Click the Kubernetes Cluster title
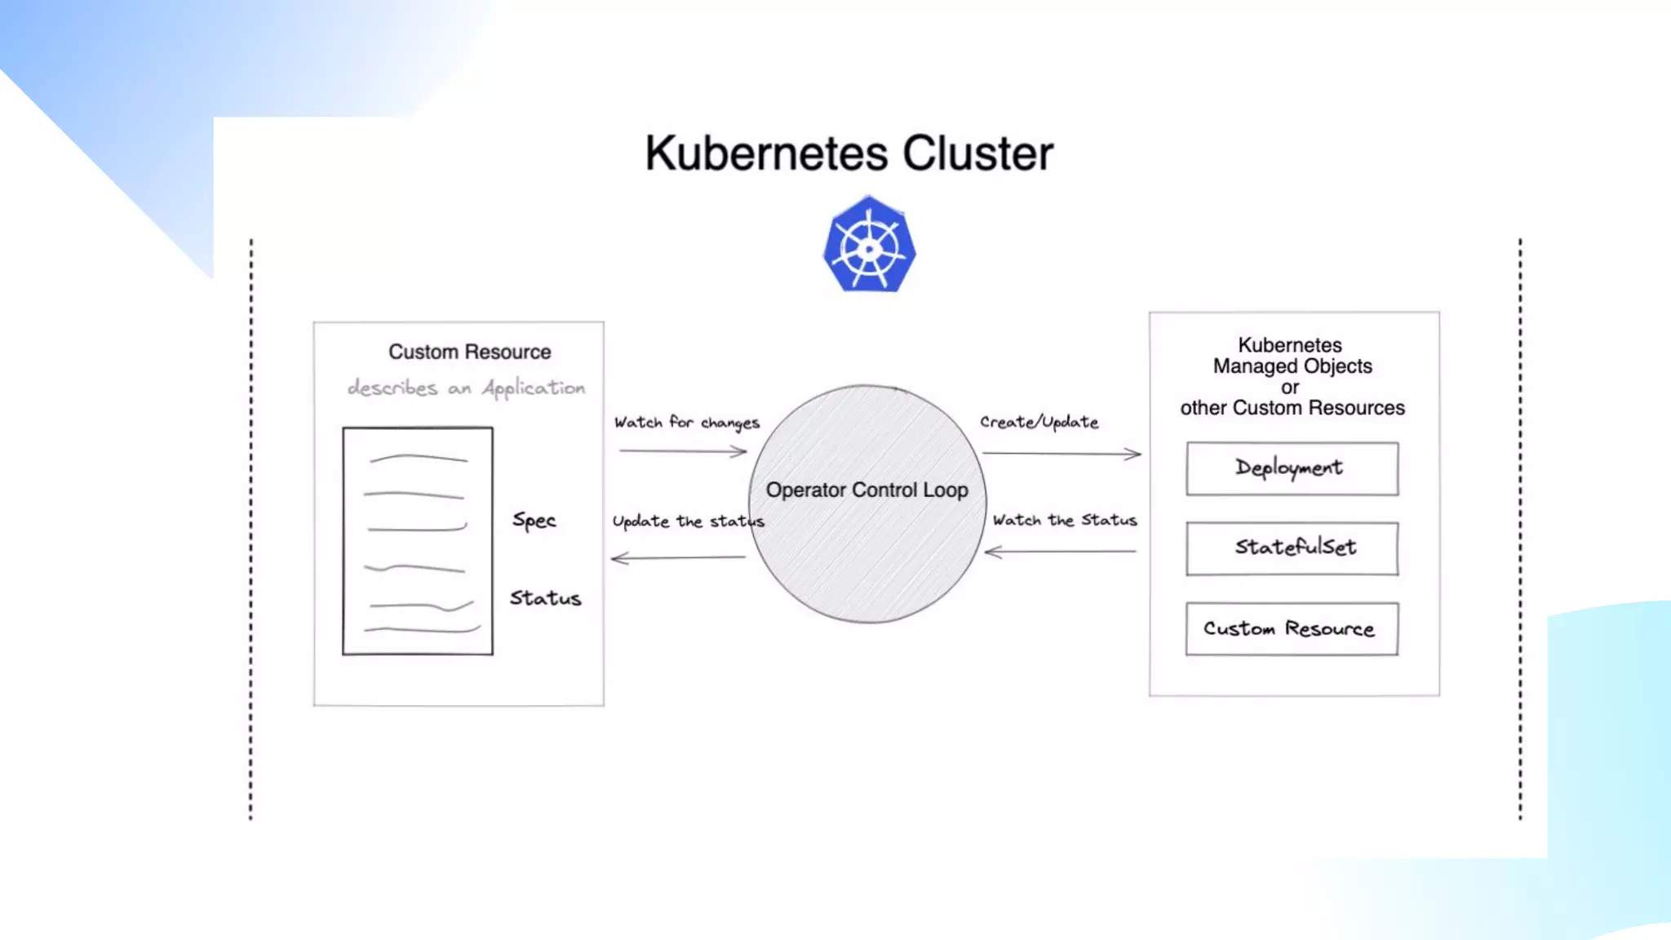point(849,153)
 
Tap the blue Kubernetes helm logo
point(869,244)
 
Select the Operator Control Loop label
point(867,490)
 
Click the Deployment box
point(1292,468)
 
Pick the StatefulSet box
point(1292,548)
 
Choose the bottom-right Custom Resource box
point(1292,628)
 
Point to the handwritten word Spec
point(534,521)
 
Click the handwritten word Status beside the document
point(546,598)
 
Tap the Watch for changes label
point(687,423)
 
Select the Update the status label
point(689,521)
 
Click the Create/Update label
point(1039,422)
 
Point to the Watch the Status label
point(1065,520)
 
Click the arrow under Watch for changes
point(683,451)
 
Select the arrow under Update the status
point(678,558)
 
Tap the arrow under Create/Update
point(1062,454)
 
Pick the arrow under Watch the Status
point(1061,552)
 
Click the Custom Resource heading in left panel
point(470,352)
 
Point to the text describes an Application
point(467,388)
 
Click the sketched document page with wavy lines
point(418,540)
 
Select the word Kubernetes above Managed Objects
point(1290,345)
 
